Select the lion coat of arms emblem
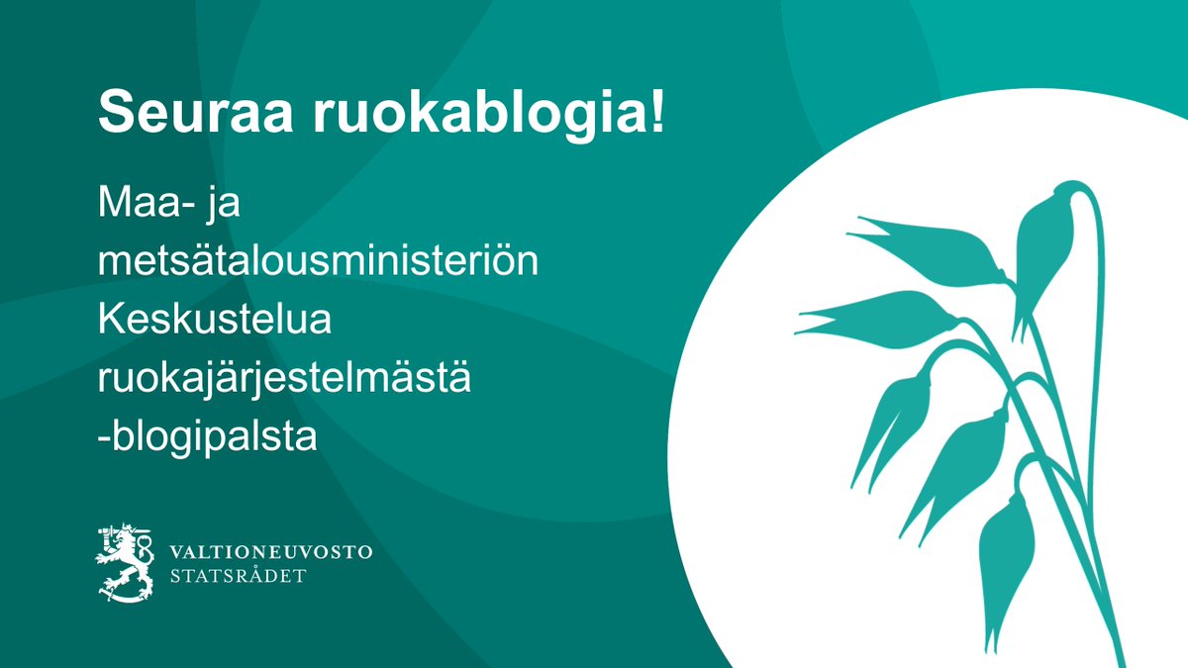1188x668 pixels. [x=126, y=562]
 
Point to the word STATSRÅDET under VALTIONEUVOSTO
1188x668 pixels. [x=238, y=576]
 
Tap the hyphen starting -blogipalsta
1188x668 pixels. [x=103, y=438]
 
